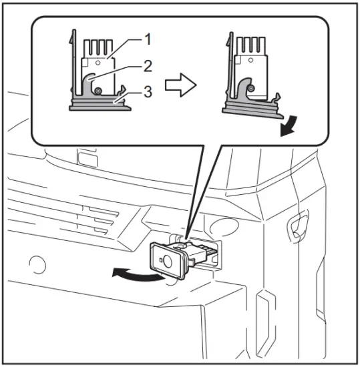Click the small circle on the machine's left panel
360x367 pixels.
pos(37,265)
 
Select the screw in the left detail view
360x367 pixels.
pos(98,91)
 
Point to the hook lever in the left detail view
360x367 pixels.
pos(90,83)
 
